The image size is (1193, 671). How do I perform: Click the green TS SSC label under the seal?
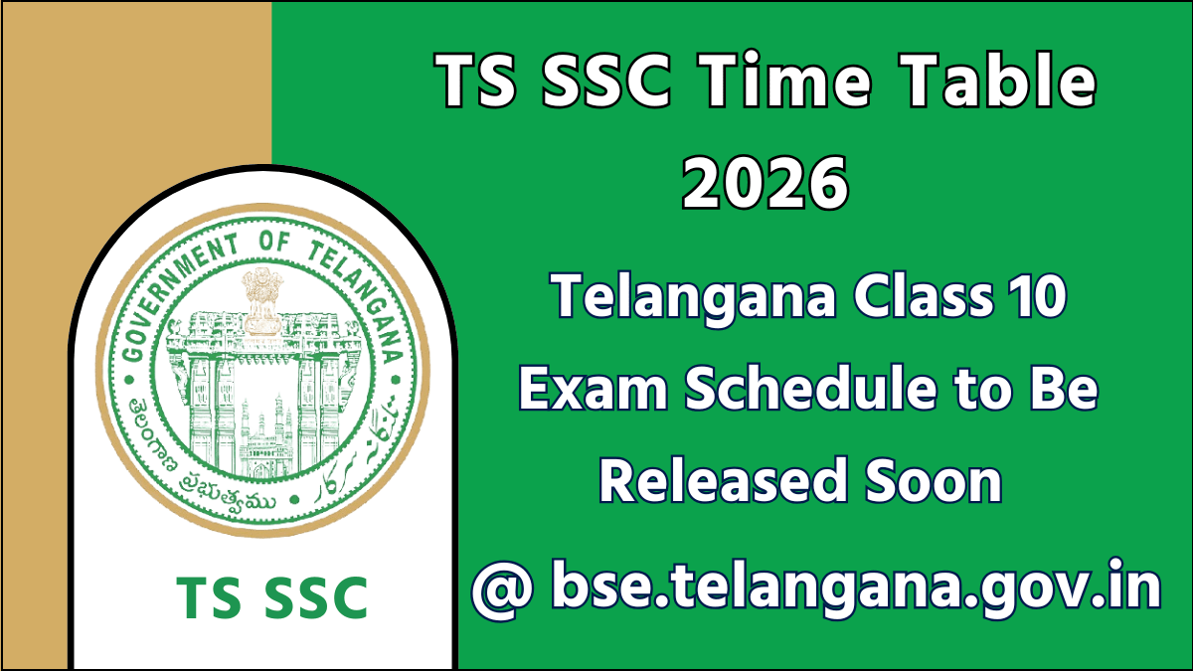271,597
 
